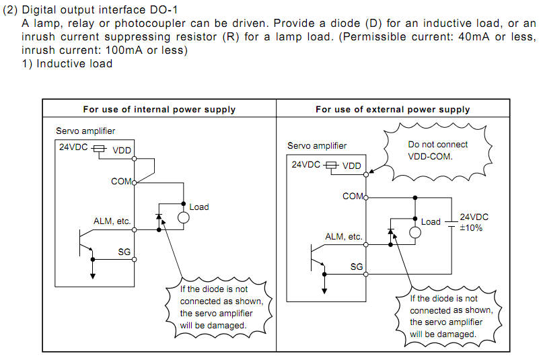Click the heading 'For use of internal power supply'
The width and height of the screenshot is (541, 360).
[159, 109]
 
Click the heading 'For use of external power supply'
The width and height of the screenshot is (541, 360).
[393, 109]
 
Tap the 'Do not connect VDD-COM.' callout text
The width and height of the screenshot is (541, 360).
[438, 150]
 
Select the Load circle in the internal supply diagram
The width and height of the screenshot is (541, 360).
[182, 217]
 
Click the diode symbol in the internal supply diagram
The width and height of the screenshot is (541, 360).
[159, 217]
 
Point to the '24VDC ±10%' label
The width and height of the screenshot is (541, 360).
[474, 222]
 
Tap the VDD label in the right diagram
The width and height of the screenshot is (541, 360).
[352, 166]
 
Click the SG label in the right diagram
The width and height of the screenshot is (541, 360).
[356, 267]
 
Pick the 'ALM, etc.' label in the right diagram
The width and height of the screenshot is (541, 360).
[343, 237]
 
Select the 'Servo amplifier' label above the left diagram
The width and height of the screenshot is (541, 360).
[85, 131]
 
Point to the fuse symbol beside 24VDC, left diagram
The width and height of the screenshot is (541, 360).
[98, 149]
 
